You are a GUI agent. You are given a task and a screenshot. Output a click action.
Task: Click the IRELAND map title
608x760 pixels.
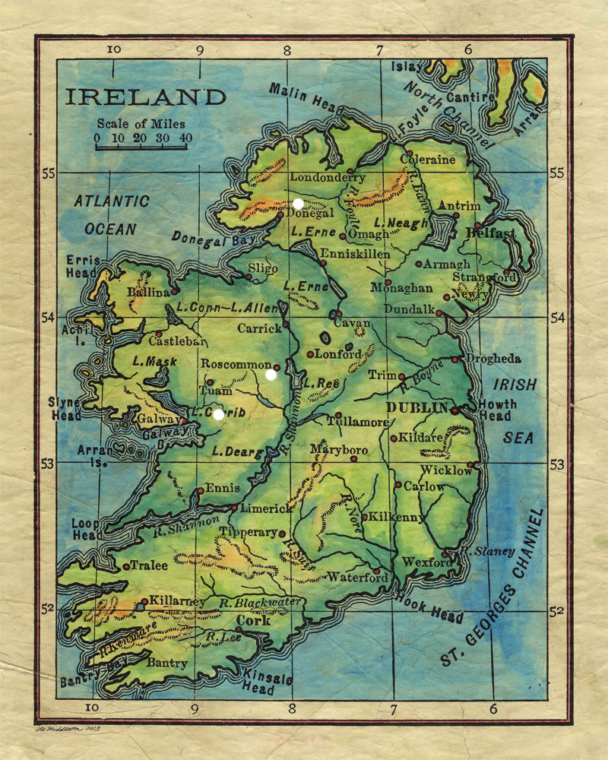tap(145, 97)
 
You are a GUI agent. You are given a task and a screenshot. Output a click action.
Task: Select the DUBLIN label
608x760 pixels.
tap(417, 408)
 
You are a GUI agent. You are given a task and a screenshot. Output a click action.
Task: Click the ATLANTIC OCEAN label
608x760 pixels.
tap(111, 215)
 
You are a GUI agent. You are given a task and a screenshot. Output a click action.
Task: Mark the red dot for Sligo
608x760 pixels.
tap(248, 277)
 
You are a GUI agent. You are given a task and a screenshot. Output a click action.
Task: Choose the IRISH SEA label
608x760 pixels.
tap(514, 411)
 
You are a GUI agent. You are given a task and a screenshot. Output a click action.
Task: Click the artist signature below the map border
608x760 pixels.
tap(68, 730)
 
